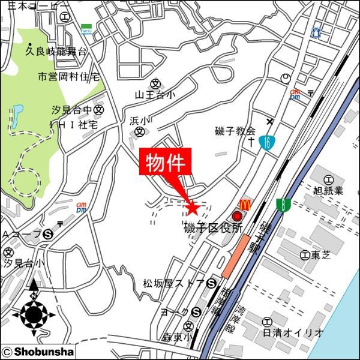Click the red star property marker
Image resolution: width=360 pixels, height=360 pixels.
pyautogui.click(x=192, y=208)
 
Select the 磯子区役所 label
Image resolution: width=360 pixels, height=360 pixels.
pyautogui.click(x=214, y=229)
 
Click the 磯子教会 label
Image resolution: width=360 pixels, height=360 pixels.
pyautogui.click(x=235, y=131)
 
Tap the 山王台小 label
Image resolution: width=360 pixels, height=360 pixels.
pyautogui.click(x=155, y=95)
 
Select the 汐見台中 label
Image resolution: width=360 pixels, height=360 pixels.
pyautogui.click(x=73, y=110)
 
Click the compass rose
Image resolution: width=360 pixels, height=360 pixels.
pyautogui.click(x=34, y=313)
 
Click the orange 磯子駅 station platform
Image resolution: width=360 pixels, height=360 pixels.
pyautogui.click(x=235, y=256)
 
